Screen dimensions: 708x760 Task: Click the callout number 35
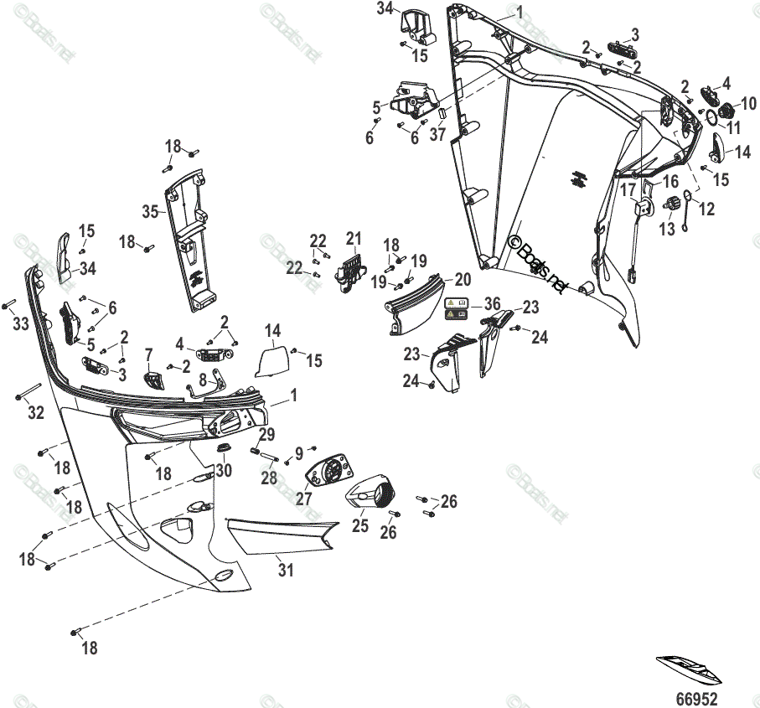point(150,211)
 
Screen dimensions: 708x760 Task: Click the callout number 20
point(463,279)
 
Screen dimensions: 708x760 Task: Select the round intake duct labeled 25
point(375,495)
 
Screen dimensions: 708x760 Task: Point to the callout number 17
point(628,189)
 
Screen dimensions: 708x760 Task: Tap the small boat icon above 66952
point(689,666)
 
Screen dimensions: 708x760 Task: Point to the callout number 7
point(149,355)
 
